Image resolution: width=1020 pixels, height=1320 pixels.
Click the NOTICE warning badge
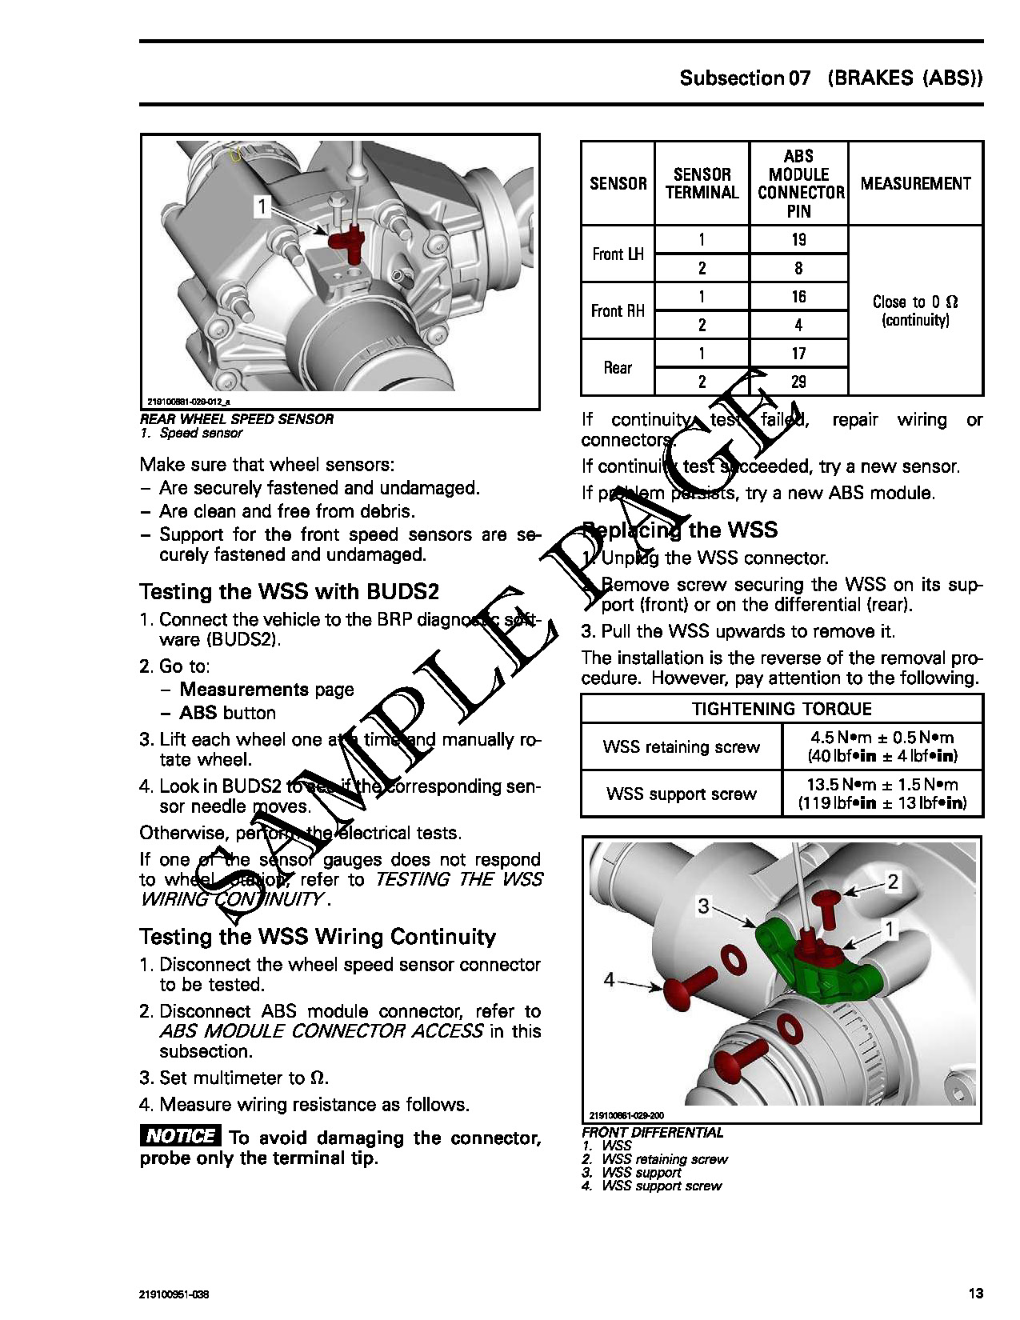coord(180,1136)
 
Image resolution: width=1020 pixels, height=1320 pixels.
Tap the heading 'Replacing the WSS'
coord(680,530)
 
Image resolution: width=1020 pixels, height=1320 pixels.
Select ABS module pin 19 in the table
coord(798,240)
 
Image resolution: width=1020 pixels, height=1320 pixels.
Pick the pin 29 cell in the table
coord(798,382)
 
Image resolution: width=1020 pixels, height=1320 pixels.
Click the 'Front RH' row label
coord(618,310)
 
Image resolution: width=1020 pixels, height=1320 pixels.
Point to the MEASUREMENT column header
coord(915,184)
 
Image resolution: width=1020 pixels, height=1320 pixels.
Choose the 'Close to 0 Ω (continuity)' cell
coord(915,310)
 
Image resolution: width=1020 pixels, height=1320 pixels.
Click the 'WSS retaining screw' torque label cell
coord(681,747)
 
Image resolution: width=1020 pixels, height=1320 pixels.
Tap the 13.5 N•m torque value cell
coord(882,794)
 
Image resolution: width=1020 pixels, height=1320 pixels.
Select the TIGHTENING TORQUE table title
coord(782,709)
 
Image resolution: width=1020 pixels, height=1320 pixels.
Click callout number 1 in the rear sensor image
coord(262,206)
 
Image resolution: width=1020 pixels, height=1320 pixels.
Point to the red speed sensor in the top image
coord(347,239)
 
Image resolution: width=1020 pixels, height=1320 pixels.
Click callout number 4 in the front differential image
coord(610,979)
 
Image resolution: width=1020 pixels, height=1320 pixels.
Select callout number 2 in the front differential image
coord(894,882)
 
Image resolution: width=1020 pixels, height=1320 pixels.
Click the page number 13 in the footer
coord(975,1294)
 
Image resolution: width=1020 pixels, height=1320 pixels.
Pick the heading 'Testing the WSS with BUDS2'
coord(290,592)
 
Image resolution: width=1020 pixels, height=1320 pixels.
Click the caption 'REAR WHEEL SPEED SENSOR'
coord(237,419)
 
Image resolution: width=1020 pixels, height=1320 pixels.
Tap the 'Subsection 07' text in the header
coord(745,78)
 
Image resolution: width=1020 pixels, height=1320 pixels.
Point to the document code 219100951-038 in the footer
coord(174,1294)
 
